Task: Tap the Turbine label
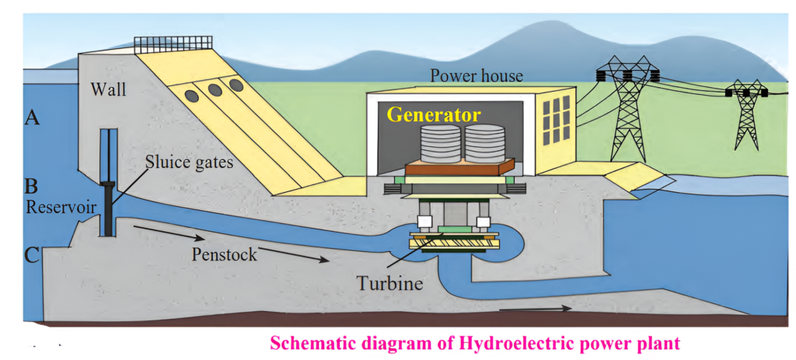pyautogui.click(x=390, y=282)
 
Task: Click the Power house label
pyautogui.click(x=476, y=76)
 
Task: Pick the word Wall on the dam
pyautogui.click(x=109, y=89)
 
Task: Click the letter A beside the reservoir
pyautogui.click(x=33, y=118)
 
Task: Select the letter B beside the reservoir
pyautogui.click(x=32, y=187)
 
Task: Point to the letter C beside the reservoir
pyautogui.click(x=33, y=254)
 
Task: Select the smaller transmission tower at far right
pyautogui.click(x=746, y=117)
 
